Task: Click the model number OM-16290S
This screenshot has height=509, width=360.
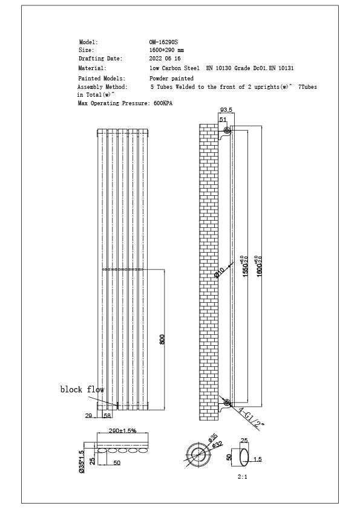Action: pyautogui.click(x=163, y=42)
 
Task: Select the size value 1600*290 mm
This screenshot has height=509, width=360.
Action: pyautogui.click(x=166, y=50)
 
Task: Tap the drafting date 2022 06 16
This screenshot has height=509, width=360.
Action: pyautogui.click(x=165, y=59)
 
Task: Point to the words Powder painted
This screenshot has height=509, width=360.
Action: pyautogui.click(x=171, y=79)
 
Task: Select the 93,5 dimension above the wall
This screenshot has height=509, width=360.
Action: pyautogui.click(x=226, y=111)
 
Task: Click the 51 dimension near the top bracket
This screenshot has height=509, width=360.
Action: pyautogui.click(x=223, y=120)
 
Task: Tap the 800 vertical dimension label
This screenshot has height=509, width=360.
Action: pyautogui.click(x=162, y=339)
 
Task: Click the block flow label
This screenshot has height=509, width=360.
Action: pyautogui.click(x=82, y=390)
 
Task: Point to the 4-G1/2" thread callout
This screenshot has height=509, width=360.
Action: pyautogui.click(x=252, y=417)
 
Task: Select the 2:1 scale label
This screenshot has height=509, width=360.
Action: pyautogui.click(x=243, y=476)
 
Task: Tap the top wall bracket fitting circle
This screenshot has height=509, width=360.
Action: pyautogui.click(x=227, y=131)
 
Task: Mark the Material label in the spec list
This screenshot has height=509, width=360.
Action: pyautogui.click(x=93, y=68)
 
